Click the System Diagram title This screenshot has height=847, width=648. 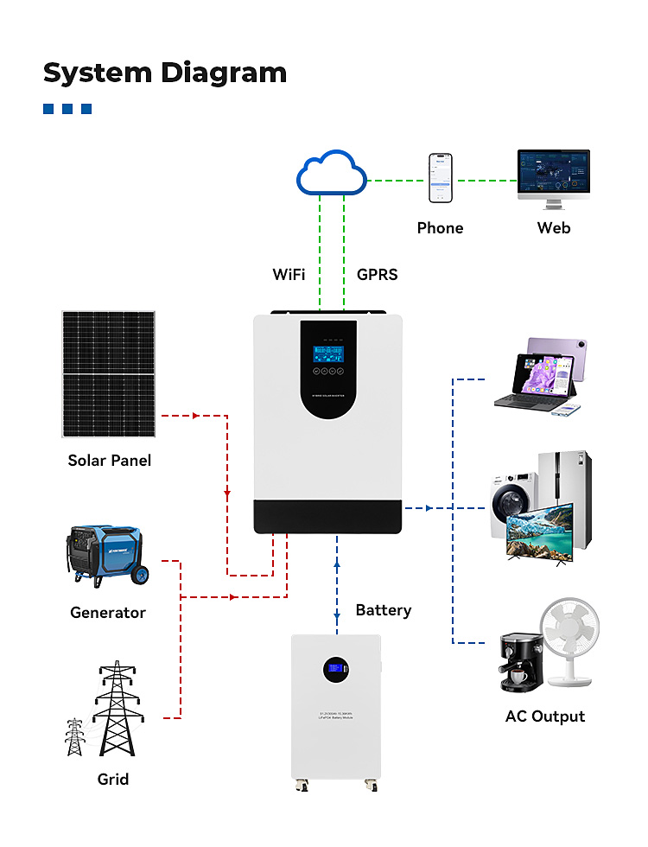pos(164,73)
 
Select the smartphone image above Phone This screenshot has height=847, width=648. pos(440,179)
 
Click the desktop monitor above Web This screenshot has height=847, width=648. pos(553,175)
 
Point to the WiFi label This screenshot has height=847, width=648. pos(289,275)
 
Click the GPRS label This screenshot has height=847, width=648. pos(377,275)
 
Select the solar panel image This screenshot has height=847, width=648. pos(109,374)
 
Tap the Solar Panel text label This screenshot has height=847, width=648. pos(109,461)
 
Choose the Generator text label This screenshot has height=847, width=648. pos(108,613)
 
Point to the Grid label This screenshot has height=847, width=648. pos(112,780)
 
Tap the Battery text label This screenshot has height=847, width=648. pos(383,610)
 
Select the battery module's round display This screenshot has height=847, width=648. pos(335,668)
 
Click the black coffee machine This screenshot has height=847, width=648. pos(522,662)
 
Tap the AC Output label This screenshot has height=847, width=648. pos(544,716)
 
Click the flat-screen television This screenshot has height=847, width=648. pos(539,536)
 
